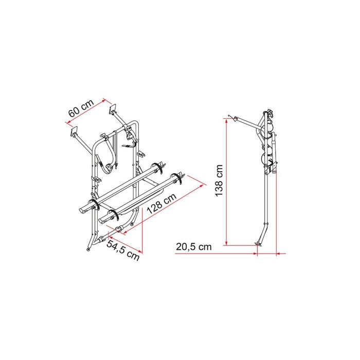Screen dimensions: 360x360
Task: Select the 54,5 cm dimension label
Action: click(123, 249)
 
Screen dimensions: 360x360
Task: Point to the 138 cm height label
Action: click(219, 181)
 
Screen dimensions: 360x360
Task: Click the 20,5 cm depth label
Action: click(193, 246)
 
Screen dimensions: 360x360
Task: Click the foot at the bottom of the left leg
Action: click(91, 249)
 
